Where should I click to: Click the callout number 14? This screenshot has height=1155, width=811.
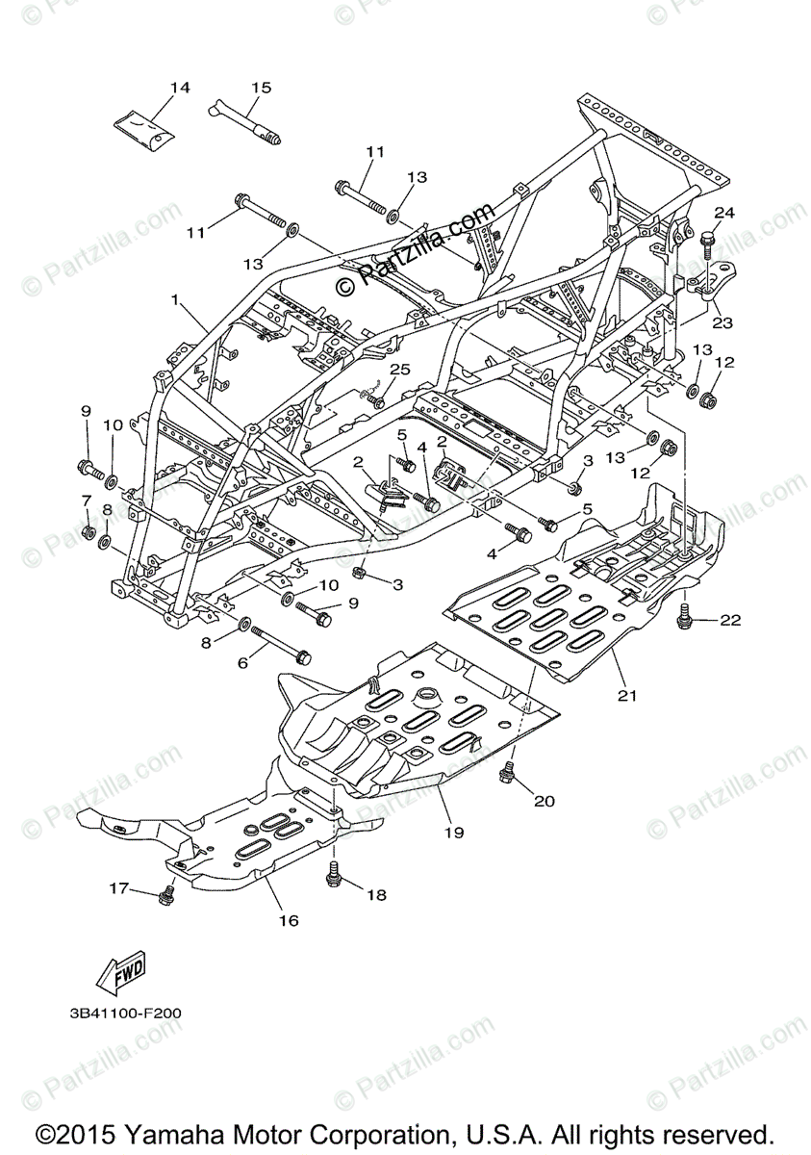click(180, 88)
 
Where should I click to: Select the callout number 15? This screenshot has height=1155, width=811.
click(262, 88)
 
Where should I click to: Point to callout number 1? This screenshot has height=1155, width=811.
click(176, 300)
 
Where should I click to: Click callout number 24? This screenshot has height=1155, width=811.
click(723, 212)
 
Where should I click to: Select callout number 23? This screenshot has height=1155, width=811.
click(722, 323)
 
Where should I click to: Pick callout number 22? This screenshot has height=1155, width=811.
click(731, 621)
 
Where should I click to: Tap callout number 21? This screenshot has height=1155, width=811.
click(628, 695)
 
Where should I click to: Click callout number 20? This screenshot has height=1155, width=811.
click(545, 801)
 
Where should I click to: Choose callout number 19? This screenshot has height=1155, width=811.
click(454, 830)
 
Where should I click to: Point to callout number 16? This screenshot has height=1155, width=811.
click(289, 921)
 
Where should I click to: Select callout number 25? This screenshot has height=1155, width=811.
click(399, 371)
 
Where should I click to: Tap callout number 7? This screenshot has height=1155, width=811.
click(86, 500)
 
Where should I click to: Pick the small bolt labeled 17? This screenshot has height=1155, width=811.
click(165, 897)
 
